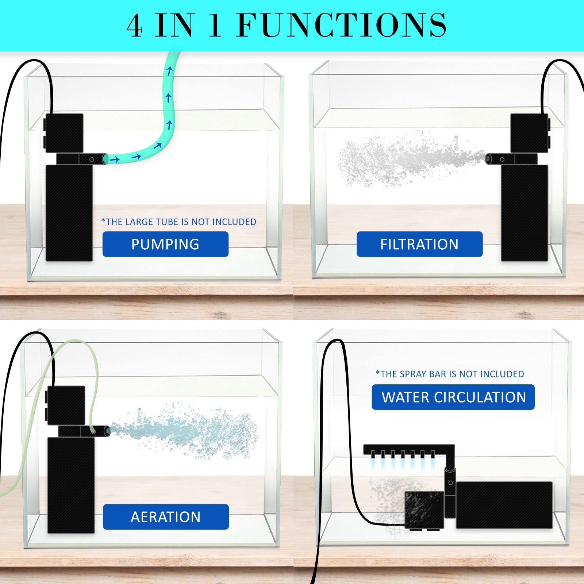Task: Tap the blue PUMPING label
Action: (165, 244)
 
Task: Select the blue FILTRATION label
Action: (419, 244)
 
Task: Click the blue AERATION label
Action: (166, 517)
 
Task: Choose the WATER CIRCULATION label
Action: (453, 397)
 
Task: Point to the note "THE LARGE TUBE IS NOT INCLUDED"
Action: (179, 222)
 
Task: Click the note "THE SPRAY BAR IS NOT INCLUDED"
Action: (450, 374)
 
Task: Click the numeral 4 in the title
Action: (134, 26)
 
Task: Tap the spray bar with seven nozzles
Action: (405, 450)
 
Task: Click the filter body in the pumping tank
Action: (69, 213)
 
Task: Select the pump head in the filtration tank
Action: (529, 132)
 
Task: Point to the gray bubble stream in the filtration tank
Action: (401, 161)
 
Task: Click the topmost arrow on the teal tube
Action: (169, 71)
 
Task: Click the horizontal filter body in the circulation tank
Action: (504, 505)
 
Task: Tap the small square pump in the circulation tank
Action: (424, 510)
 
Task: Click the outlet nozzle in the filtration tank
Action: (489, 158)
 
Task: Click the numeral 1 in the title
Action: (215, 26)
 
